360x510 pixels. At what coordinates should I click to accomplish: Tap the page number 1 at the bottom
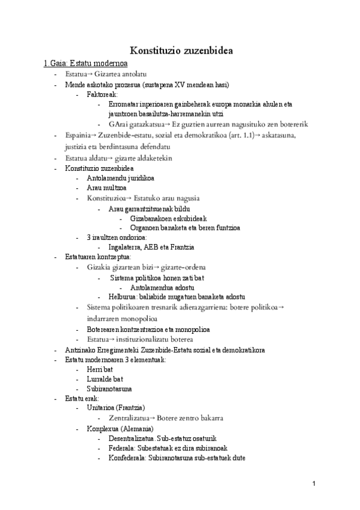(x=314, y=484)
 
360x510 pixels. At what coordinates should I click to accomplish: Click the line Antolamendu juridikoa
(x=120, y=179)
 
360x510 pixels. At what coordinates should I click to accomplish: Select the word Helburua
(x=123, y=296)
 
